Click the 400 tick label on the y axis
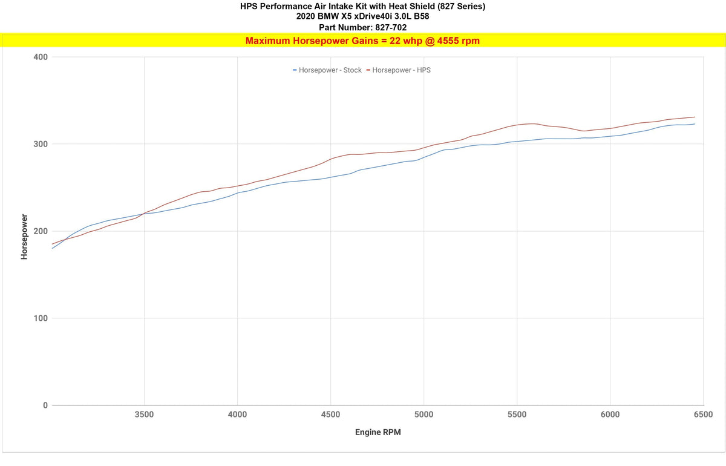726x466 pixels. (41, 57)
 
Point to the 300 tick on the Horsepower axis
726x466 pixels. (41, 144)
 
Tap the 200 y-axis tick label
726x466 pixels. (41, 231)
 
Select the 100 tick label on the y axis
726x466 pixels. (41, 318)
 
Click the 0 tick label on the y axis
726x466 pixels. (45, 405)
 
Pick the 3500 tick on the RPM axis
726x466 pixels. (144, 415)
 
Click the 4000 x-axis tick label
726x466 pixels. (237, 415)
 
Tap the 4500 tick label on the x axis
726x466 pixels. (330, 415)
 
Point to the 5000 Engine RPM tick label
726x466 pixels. (423, 415)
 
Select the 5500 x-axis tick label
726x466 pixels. (517, 415)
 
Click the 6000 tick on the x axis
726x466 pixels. (610, 415)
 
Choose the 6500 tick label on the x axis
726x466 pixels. (703, 415)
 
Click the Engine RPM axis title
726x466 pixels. (378, 432)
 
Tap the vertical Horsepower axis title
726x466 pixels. (24, 237)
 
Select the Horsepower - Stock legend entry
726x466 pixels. (327, 70)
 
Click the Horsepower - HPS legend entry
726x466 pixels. (399, 70)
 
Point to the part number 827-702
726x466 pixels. (391, 28)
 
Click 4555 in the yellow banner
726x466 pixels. (448, 41)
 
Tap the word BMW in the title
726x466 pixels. (326, 16)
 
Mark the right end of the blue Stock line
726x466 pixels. (695, 124)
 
